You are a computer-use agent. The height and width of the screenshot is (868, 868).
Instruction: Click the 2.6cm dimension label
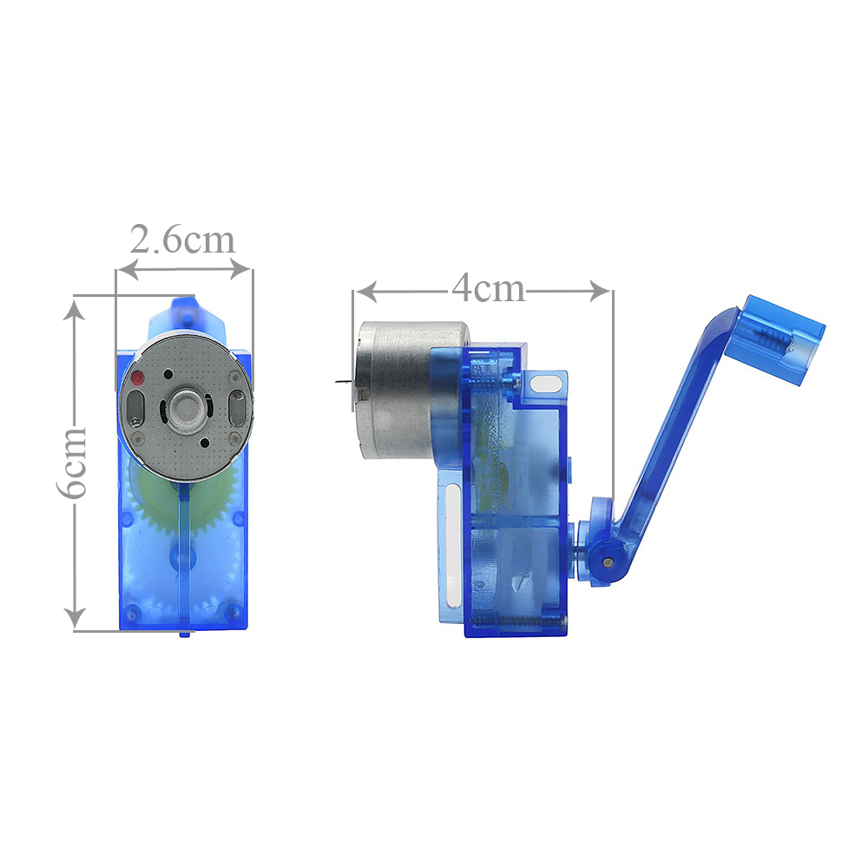(182, 240)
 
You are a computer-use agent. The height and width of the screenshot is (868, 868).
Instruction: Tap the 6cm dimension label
(73, 463)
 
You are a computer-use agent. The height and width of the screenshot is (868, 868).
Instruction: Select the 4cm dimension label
(488, 289)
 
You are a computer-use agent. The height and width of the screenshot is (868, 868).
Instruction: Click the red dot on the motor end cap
(137, 378)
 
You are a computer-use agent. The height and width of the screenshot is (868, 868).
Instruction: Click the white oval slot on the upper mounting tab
(545, 383)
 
